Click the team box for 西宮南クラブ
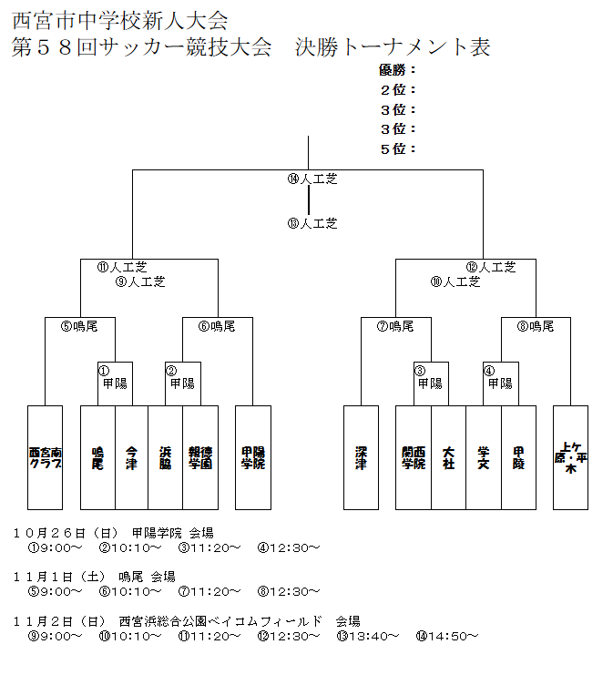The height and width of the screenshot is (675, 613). pos(45,457)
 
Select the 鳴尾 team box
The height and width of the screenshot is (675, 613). pos(97,457)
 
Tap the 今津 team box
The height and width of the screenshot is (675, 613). pos(132,457)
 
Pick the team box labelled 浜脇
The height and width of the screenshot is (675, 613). pos(166,457)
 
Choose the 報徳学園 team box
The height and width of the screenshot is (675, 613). pos(200,457)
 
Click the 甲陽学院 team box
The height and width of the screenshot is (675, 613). pos(252,457)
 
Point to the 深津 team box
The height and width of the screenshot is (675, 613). pos(361,457)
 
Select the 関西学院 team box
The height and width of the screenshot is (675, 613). pos(413,457)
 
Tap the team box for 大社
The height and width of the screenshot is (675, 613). pos(448,457)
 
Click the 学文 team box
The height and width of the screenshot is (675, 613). pos(483,457)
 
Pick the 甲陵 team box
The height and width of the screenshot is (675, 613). pos(518,457)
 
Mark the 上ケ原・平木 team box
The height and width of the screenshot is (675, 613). pos(570,457)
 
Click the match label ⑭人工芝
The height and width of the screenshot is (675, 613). pos(312,179)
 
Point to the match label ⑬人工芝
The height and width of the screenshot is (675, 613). pos(312,222)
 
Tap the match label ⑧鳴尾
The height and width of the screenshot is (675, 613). pos(536,325)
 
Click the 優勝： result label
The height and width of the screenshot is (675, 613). pos(397,69)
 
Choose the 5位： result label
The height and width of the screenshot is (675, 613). pos(398,148)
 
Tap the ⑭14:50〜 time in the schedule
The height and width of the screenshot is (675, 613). pos(446,636)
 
